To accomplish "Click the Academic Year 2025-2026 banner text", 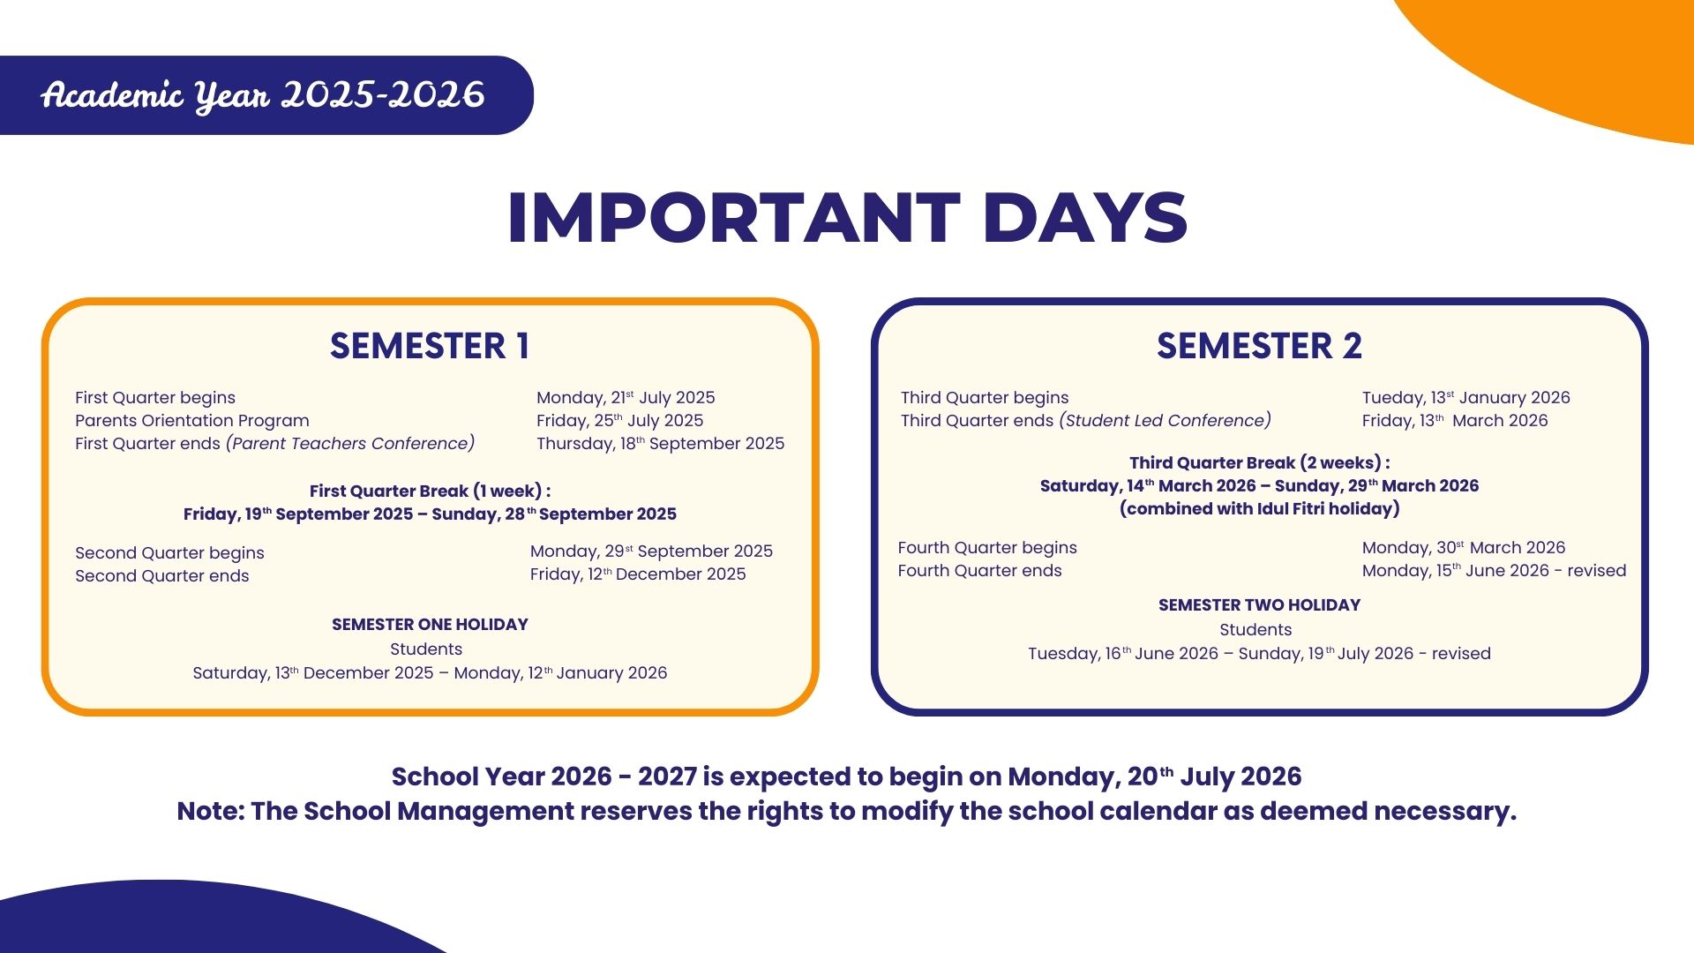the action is (x=263, y=95).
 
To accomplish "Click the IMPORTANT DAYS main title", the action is (x=847, y=217).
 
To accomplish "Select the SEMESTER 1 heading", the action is (x=430, y=346).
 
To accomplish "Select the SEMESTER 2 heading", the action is (x=1259, y=346).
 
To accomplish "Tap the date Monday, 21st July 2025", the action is (x=626, y=398).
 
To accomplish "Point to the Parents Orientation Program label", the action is (x=192, y=421).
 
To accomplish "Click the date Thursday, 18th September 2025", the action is (x=660, y=444).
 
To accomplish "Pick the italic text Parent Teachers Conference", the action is (x=350, y=444).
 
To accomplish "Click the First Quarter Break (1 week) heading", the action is (x=430, y=492).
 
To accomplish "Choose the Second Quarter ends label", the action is (x=162, y=576).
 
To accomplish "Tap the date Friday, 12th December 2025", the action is (x=638, y=574).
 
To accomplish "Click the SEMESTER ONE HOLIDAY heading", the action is (x=430, y=625).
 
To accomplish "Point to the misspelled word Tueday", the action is (x=1393, y=398).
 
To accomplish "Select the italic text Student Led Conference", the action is (x=1166, y=421).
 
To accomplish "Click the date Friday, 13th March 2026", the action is (x=1455, y=421).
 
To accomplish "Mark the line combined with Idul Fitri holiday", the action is (x=1259, y=509).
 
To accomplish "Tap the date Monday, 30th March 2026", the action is (x=1464, y=548).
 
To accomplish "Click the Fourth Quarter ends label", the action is (x=979, y=571).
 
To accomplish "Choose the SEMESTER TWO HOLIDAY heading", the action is (x=1259, y=605).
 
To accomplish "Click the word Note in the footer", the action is (x=208, y=812).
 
